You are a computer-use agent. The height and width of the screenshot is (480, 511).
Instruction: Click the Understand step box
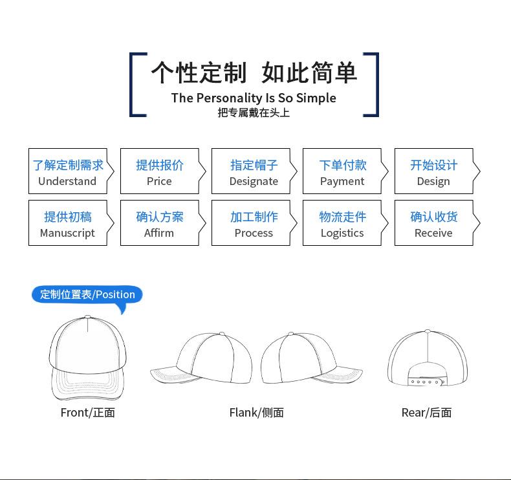coord(71,171)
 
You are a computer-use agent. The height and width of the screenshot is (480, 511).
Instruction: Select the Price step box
coord(163,171)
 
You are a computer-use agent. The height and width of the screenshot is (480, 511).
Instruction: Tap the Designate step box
coord(254,171)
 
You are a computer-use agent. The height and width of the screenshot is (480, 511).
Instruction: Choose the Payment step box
coord(345,171)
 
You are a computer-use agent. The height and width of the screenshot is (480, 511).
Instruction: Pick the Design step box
coord(437,171)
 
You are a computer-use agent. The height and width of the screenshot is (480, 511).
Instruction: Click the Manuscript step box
coord(71,223)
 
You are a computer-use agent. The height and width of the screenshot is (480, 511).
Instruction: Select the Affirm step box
coord(163,223)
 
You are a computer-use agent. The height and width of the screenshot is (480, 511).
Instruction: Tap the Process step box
coord(254,223)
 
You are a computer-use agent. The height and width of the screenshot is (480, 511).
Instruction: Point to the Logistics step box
coord(345,223)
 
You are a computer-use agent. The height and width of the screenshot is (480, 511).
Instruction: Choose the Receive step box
coord(437,223)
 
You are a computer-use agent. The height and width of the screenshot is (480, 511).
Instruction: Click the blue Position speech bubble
coord(87,294)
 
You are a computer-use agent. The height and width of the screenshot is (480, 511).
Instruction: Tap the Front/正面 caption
coord(88,413)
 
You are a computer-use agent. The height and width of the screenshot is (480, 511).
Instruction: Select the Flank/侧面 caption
coord(257,413)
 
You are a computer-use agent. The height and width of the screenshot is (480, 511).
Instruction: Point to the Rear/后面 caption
coord(427,413)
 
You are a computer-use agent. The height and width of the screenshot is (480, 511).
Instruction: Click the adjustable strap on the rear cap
coord(426,382)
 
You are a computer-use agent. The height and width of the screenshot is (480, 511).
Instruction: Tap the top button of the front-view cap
coord(88,317)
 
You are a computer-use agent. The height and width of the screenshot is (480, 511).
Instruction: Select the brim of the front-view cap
coord(87,384)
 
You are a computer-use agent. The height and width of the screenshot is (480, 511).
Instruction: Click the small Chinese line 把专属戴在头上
coord(254,113)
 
